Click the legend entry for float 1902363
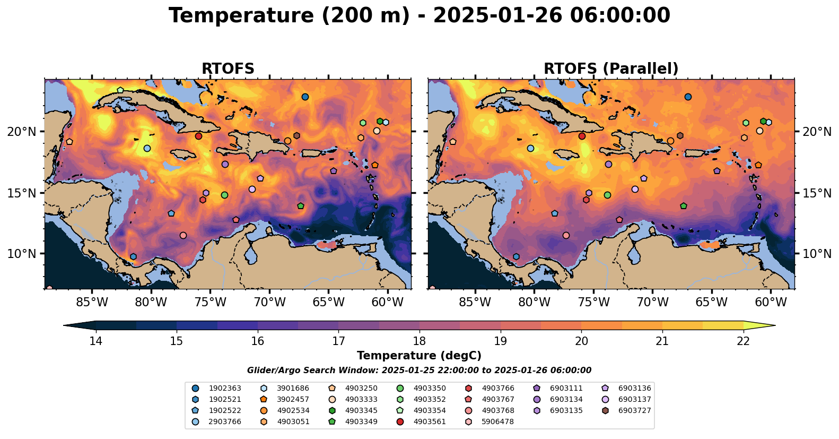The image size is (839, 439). click(209, 389)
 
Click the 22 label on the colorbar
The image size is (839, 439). click(744, 341)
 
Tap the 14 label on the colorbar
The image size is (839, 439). click(95, 341)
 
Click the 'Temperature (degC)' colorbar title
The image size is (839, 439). click(419, 356)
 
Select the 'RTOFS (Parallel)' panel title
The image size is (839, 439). click(611, 69)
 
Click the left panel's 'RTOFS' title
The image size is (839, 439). click(228, 69)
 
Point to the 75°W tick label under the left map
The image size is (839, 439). click(210, 303)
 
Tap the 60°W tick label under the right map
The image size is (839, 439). click(771, 303)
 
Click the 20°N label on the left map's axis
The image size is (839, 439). click(22, 132)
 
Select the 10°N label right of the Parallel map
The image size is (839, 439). click(817, 254)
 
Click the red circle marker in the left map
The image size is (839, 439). click(198, 136)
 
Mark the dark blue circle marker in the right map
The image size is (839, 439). click(688, 97)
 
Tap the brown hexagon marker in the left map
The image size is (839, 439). click(296, 136)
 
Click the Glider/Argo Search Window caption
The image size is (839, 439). click(419, 371)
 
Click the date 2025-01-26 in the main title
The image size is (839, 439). click(497, 16)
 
